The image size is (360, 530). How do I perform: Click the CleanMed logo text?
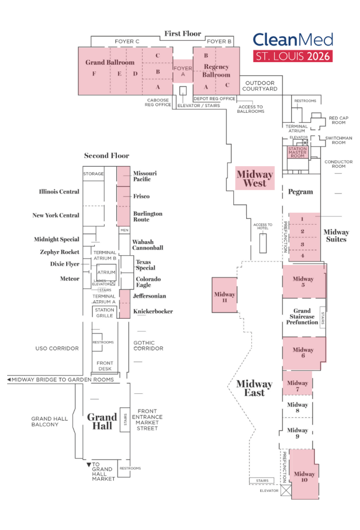pyautogui.click(x=292, y=40)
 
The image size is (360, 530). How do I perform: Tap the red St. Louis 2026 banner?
pyautogui.click(x=292, y=56)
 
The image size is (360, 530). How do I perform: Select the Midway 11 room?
pyautogui.click(x=224, y=295)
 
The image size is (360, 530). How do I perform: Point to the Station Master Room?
pyautogui.click(x=297, y=152)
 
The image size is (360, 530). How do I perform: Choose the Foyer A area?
pyautogui.click(x=182, y=71)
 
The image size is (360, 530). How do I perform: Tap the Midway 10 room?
pyautogui.click(x=304, y=474)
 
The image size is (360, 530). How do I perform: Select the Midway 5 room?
pyautogui.click(x=304, y=282)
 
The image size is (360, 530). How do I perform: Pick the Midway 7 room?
pyautogui.click(x=297, y=383)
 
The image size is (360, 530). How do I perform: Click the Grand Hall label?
pyautogui.click(x=102, y=421)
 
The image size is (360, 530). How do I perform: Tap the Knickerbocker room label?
pyautogui.click(x=153, y=312)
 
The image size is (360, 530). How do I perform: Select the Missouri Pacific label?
pyautogui.click(x=145, y=176)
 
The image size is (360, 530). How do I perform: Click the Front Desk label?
pyautogui.click(x=104, y=366)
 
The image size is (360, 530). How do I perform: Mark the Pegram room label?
pyautogui.click(x=301, y=192)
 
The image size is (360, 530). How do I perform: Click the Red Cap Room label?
pyautogui.click(x=339, y=120)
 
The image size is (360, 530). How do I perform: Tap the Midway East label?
pyautogui.click(x=254, y=388)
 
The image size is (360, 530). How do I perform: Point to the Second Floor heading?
pyautogui.click(x=107, y=155)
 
